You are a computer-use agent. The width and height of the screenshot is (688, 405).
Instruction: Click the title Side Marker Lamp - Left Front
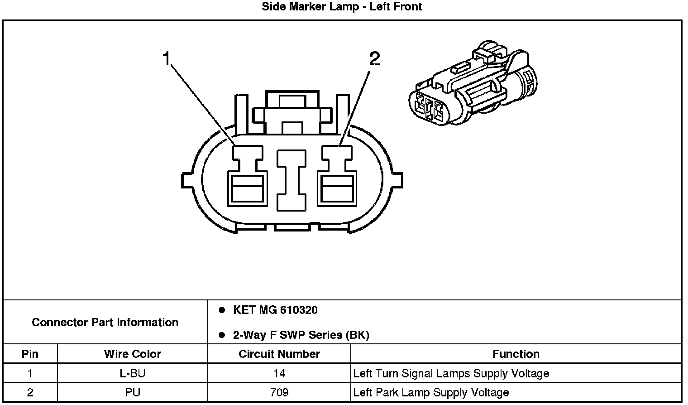point(342,7)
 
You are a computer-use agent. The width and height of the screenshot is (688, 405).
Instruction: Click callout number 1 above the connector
point(167,59)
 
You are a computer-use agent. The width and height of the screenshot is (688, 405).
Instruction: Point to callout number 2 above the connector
point(374,59)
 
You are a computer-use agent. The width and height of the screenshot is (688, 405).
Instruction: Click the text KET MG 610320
point(275,310)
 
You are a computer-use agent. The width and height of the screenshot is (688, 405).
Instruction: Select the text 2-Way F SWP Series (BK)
point(301,335)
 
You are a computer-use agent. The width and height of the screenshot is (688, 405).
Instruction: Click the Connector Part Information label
point(105,323)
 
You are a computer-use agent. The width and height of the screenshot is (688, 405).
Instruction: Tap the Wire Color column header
point(132,354)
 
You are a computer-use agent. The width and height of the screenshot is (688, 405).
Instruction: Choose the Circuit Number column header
point(279,354)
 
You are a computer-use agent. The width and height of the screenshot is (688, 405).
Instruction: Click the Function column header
point(516,354)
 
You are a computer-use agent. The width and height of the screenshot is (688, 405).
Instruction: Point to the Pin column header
point(30,354)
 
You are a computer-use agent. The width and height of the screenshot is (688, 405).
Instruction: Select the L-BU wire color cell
point(132,374)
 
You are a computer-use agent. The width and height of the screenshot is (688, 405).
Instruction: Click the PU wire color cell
point(132,392)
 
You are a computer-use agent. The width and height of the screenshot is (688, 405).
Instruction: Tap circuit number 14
point(279,374)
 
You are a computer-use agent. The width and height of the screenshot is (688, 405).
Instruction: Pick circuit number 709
point(279,392)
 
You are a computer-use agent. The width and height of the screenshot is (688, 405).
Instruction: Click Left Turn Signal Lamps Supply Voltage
point(451,374)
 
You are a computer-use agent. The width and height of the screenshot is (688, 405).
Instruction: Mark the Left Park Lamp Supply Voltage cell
point(431,392)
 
